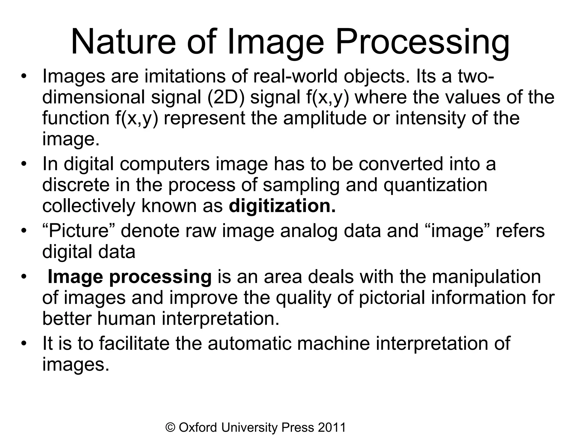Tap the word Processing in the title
(422, 43)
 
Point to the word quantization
(435, 185)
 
